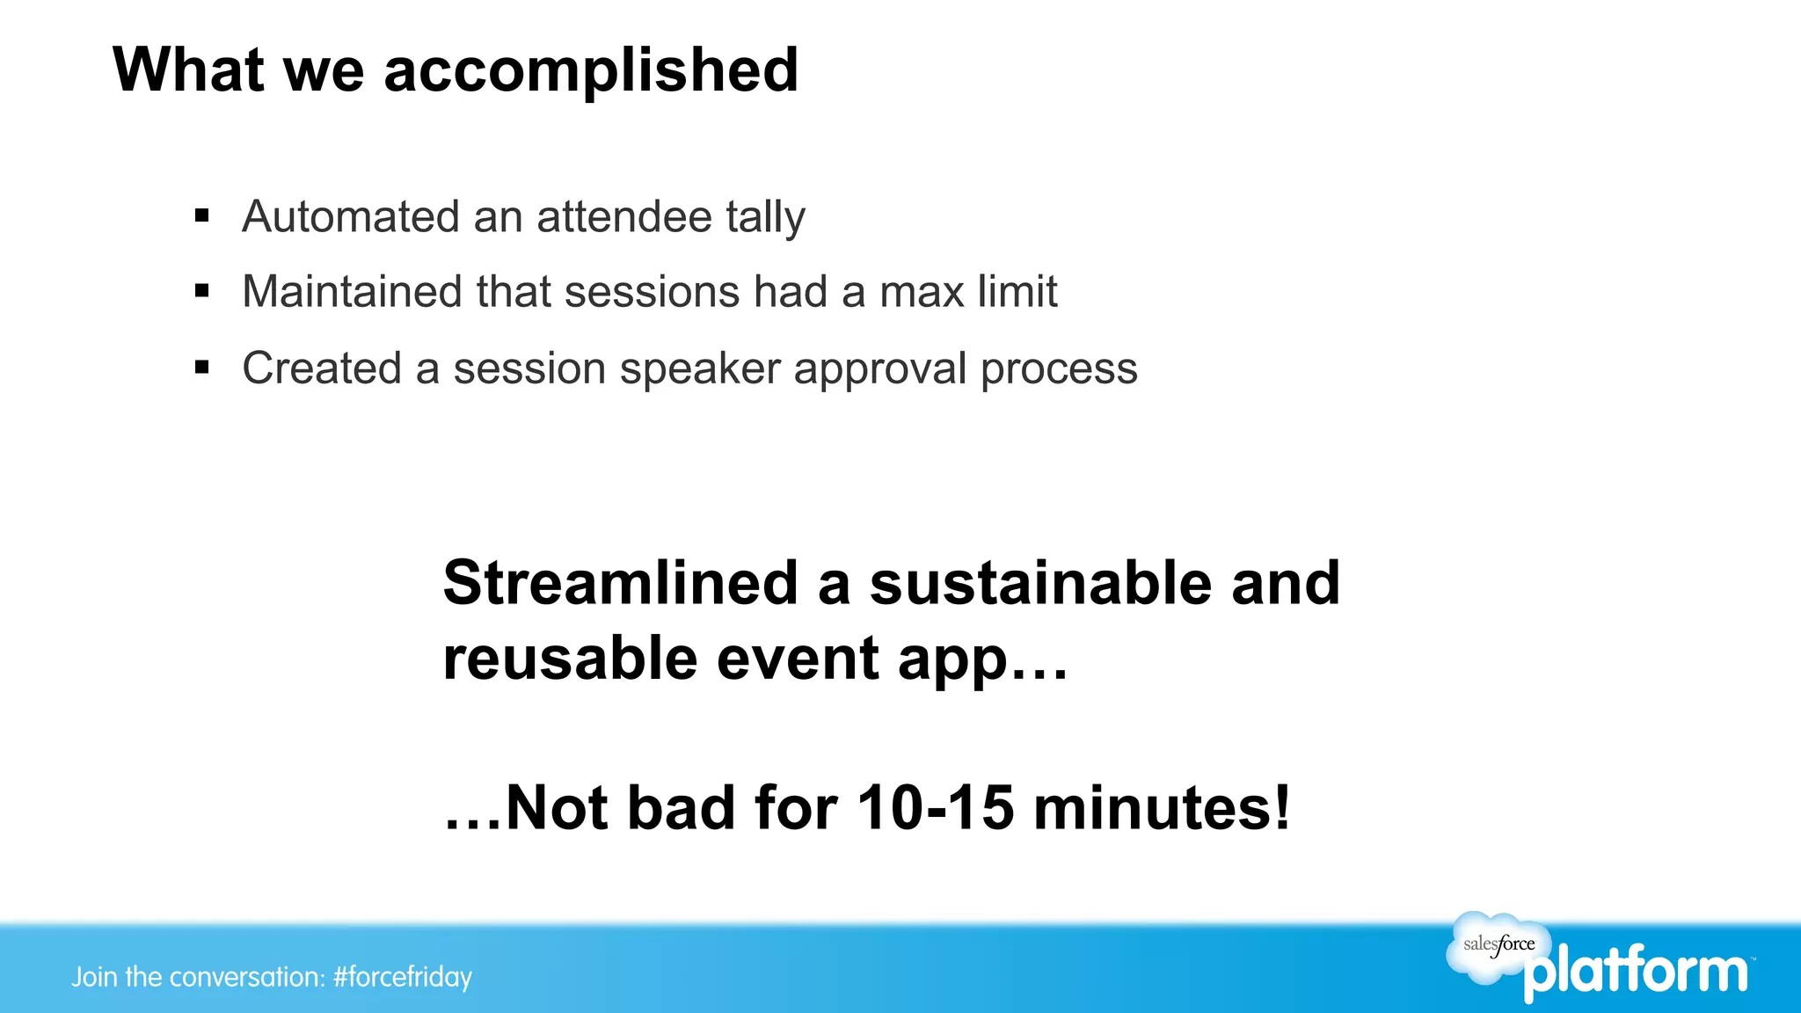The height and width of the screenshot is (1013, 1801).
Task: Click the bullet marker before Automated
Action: click(202, 215)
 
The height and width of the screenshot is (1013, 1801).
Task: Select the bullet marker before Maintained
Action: click(202, 290)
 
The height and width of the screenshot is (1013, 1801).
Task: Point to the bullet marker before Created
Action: click(202, 367)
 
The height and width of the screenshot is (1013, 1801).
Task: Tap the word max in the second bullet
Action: click(922, 292)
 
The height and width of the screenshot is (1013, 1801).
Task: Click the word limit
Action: click(1019, 291)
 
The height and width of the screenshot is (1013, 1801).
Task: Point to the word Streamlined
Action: click(620, 583)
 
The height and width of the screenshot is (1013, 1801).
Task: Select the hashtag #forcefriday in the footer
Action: click(403, 977)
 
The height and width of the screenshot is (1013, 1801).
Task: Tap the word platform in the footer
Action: click(1636, 973)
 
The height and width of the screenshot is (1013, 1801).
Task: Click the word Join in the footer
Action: click(94, 977)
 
